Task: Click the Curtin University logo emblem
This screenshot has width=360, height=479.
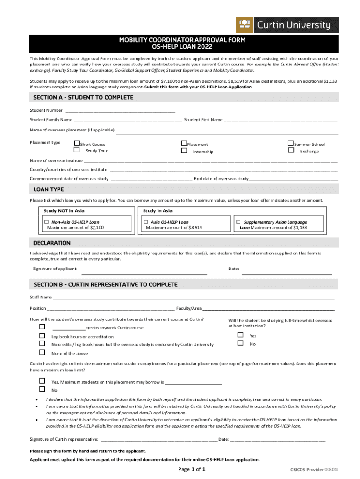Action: (x=245, y=25)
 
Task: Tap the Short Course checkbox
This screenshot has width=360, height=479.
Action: (x=77, y=144)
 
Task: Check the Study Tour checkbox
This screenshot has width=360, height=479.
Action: (x=77, y=150)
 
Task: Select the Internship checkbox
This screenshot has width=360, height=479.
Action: (x=184, y=151)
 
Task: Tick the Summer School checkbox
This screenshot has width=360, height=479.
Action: (x=291, y=144)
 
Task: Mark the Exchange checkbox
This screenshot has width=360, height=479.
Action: (x=291, y=150)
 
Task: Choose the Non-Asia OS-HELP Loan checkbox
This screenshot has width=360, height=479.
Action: (x=47, y=222)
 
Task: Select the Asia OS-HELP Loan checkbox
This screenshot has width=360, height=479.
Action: (x=146, y=222)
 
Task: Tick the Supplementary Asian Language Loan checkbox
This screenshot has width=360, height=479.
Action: (x=238, y=222)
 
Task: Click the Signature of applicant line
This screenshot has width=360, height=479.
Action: (x=144, y=273)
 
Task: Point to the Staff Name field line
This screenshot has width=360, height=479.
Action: (x=194, y=298)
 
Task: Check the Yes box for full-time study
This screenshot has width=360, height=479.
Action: (x=240, y=335)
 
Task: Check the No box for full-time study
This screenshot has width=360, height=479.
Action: (x=240, y=343)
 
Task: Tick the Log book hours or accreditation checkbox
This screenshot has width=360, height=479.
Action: (x=42, y=336)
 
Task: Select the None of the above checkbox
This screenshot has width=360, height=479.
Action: (x=42, y=352)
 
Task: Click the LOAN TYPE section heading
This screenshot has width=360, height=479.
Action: (x=49, y=189)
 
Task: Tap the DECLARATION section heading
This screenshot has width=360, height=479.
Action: (x=52, y=243)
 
